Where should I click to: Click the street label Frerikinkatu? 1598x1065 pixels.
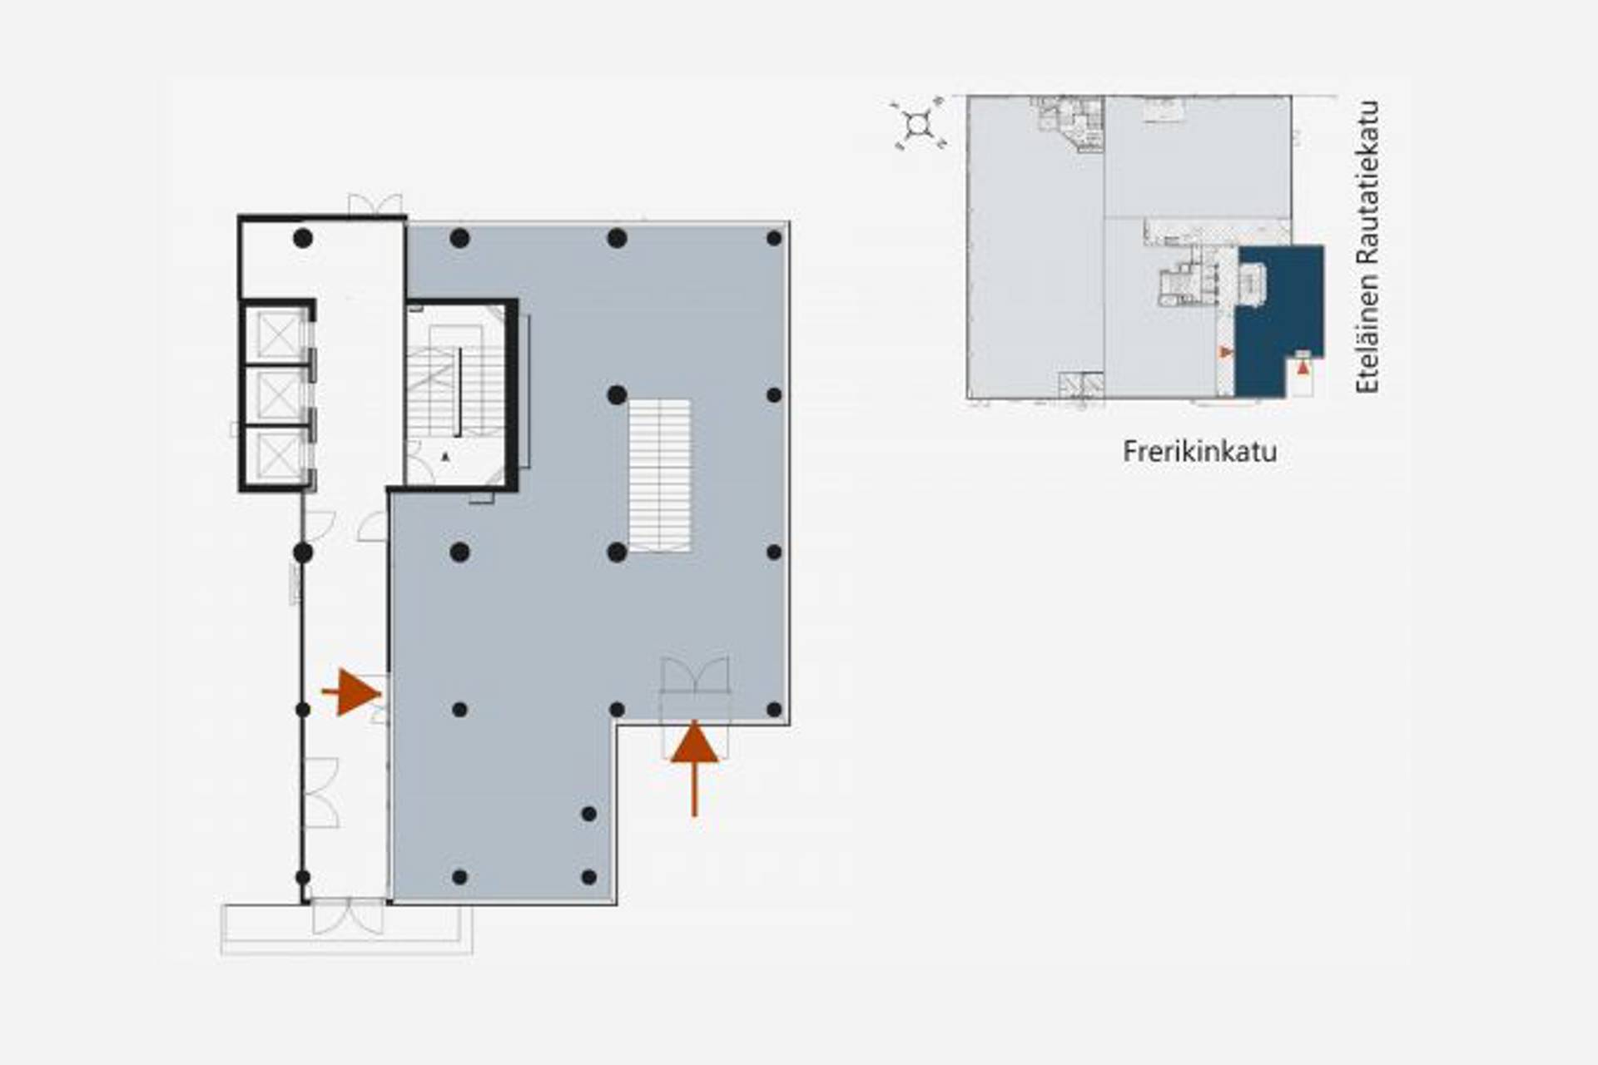1199,452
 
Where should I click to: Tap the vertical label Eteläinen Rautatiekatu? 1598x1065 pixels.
1367,247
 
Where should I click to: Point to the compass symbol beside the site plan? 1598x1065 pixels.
918,124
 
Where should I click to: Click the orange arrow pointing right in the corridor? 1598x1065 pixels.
352,692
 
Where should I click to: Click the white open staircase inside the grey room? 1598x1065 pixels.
659,475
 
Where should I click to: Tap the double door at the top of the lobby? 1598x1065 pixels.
375,205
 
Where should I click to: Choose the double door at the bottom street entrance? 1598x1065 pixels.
348,917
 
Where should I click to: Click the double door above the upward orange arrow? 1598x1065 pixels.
695,675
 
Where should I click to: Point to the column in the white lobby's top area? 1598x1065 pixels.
303,239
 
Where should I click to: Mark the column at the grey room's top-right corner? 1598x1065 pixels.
774,239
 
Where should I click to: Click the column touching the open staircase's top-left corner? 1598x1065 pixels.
617,395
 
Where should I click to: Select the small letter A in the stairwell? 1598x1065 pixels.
445,457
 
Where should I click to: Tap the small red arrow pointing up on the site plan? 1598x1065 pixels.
1303,367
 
